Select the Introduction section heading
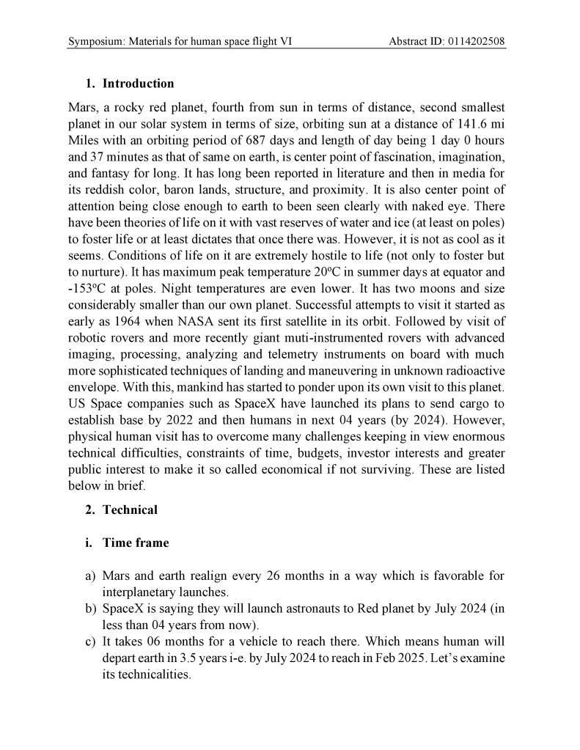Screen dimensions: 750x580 138,84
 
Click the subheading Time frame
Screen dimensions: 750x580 136,543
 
